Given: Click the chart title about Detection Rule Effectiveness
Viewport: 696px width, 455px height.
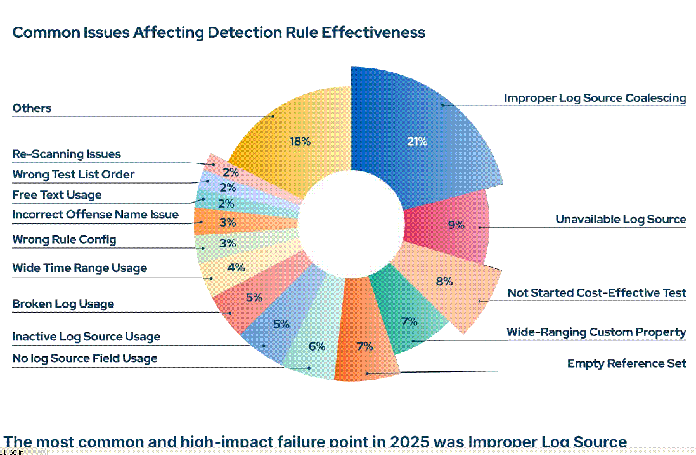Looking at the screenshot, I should click(219, 33).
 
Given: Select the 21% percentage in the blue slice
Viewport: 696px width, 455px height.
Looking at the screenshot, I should click(417, 142).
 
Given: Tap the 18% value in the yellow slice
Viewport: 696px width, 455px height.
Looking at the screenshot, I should click(300, 142).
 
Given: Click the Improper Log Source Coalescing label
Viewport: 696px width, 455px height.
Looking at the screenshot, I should click(595, 98).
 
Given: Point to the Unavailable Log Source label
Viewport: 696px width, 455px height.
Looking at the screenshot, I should click(621, 220).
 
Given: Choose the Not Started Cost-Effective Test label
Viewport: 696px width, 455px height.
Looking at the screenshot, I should click(596, 293).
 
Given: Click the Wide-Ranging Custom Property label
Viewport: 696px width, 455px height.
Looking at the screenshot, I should click(596, 332).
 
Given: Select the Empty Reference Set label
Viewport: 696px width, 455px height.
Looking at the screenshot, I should click(626, 363).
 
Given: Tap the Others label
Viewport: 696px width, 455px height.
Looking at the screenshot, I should click(32, 108).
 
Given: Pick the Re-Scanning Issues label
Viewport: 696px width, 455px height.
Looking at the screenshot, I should click(67, 154).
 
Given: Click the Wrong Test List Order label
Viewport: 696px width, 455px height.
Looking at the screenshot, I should click(74, 175).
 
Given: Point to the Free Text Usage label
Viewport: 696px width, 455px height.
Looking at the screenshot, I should click(57, 195).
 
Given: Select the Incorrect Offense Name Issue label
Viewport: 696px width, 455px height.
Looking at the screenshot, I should click(95, 215).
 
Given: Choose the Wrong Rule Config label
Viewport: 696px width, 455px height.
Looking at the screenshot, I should click(64, 240).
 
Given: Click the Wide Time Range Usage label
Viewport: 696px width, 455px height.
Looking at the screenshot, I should click(79, 268).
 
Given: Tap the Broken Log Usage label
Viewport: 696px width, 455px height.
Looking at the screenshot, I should click(63, 304).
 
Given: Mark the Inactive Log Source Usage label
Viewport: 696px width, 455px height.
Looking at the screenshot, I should click(86, 337).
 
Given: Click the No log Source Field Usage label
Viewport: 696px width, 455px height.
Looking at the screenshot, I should click(85, 359).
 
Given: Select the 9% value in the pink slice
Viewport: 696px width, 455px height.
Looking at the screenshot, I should click(456, 225).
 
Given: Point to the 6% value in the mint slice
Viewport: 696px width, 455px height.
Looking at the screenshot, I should click(317, 346).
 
